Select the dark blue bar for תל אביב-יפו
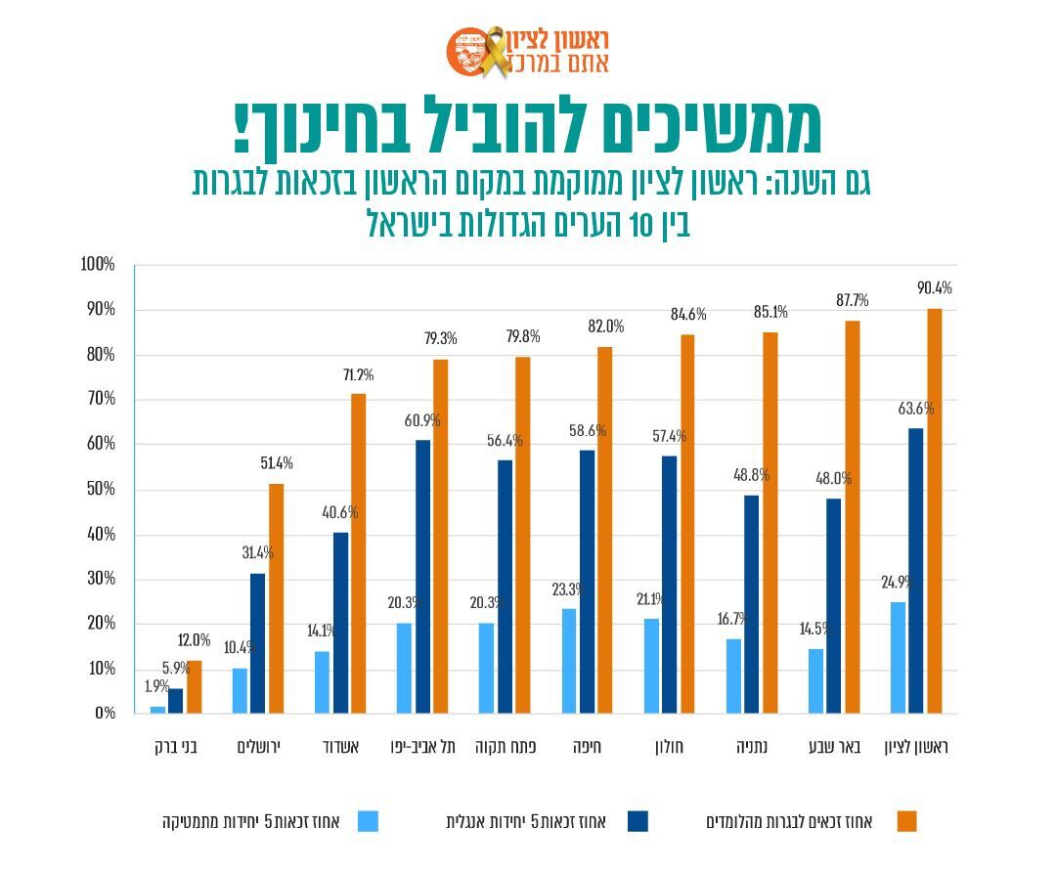pyautogui.click(x=422, y=577)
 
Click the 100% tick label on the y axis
pyautogui.click(x=98, y=265)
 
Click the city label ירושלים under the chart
pyautogui.click(x=259, y=748)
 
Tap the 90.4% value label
pyautogui.click(x=934, y=288)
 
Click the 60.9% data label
pyautogui.click(x=422, y=421)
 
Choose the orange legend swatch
pyautogui.click(x=906, y=821)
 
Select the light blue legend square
pyautogui.click(x=368, y=821)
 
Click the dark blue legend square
pyautogui.click(x=637, y=821)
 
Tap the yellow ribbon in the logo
pyautogui.click(x=495, y=52)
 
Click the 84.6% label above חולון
pyautogui.click(x=688, y=315)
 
